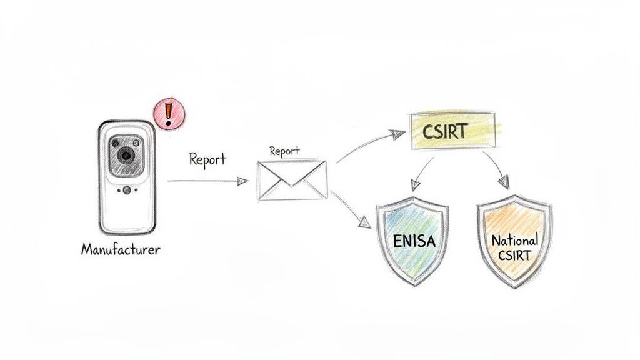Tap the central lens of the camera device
point(126,154)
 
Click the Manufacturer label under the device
point(121,249)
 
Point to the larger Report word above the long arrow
point(207,159)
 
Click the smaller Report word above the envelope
point(284,151)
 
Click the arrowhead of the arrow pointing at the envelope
point(242,181)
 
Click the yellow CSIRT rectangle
point(453,132)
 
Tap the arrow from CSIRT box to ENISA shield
point(422,171)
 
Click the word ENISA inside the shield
point(414,241)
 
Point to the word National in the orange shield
point(514,240)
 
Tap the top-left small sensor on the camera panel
point(115,142)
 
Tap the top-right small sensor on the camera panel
point(137,142)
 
